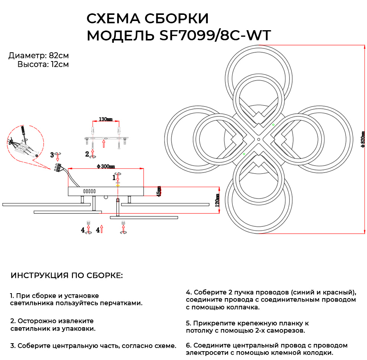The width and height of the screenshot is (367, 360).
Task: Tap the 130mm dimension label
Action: (x=105, y=119)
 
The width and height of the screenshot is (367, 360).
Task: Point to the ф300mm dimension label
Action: (x=106, y=166)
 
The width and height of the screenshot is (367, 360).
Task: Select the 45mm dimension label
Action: (x=159, y=191)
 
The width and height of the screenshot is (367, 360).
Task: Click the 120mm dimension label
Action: (x=217, y=199)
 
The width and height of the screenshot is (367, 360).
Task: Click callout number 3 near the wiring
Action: (x=52, y=155)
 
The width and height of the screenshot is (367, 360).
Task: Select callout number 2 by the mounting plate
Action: (x=87, y=154)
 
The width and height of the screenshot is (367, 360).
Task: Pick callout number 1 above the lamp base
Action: (x=113, y=177)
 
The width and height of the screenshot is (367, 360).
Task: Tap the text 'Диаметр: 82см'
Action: (x=39, y=56)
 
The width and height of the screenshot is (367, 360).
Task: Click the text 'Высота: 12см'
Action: (x=43, y=65)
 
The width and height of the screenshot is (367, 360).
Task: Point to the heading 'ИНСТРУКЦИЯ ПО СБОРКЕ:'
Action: (x=67, y=276)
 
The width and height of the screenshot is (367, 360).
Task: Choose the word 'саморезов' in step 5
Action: (x=286, y=331)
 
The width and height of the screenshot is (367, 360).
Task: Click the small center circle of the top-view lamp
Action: (x=259, y=140)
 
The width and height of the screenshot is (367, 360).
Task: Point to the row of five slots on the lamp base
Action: (x=89, y=191)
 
